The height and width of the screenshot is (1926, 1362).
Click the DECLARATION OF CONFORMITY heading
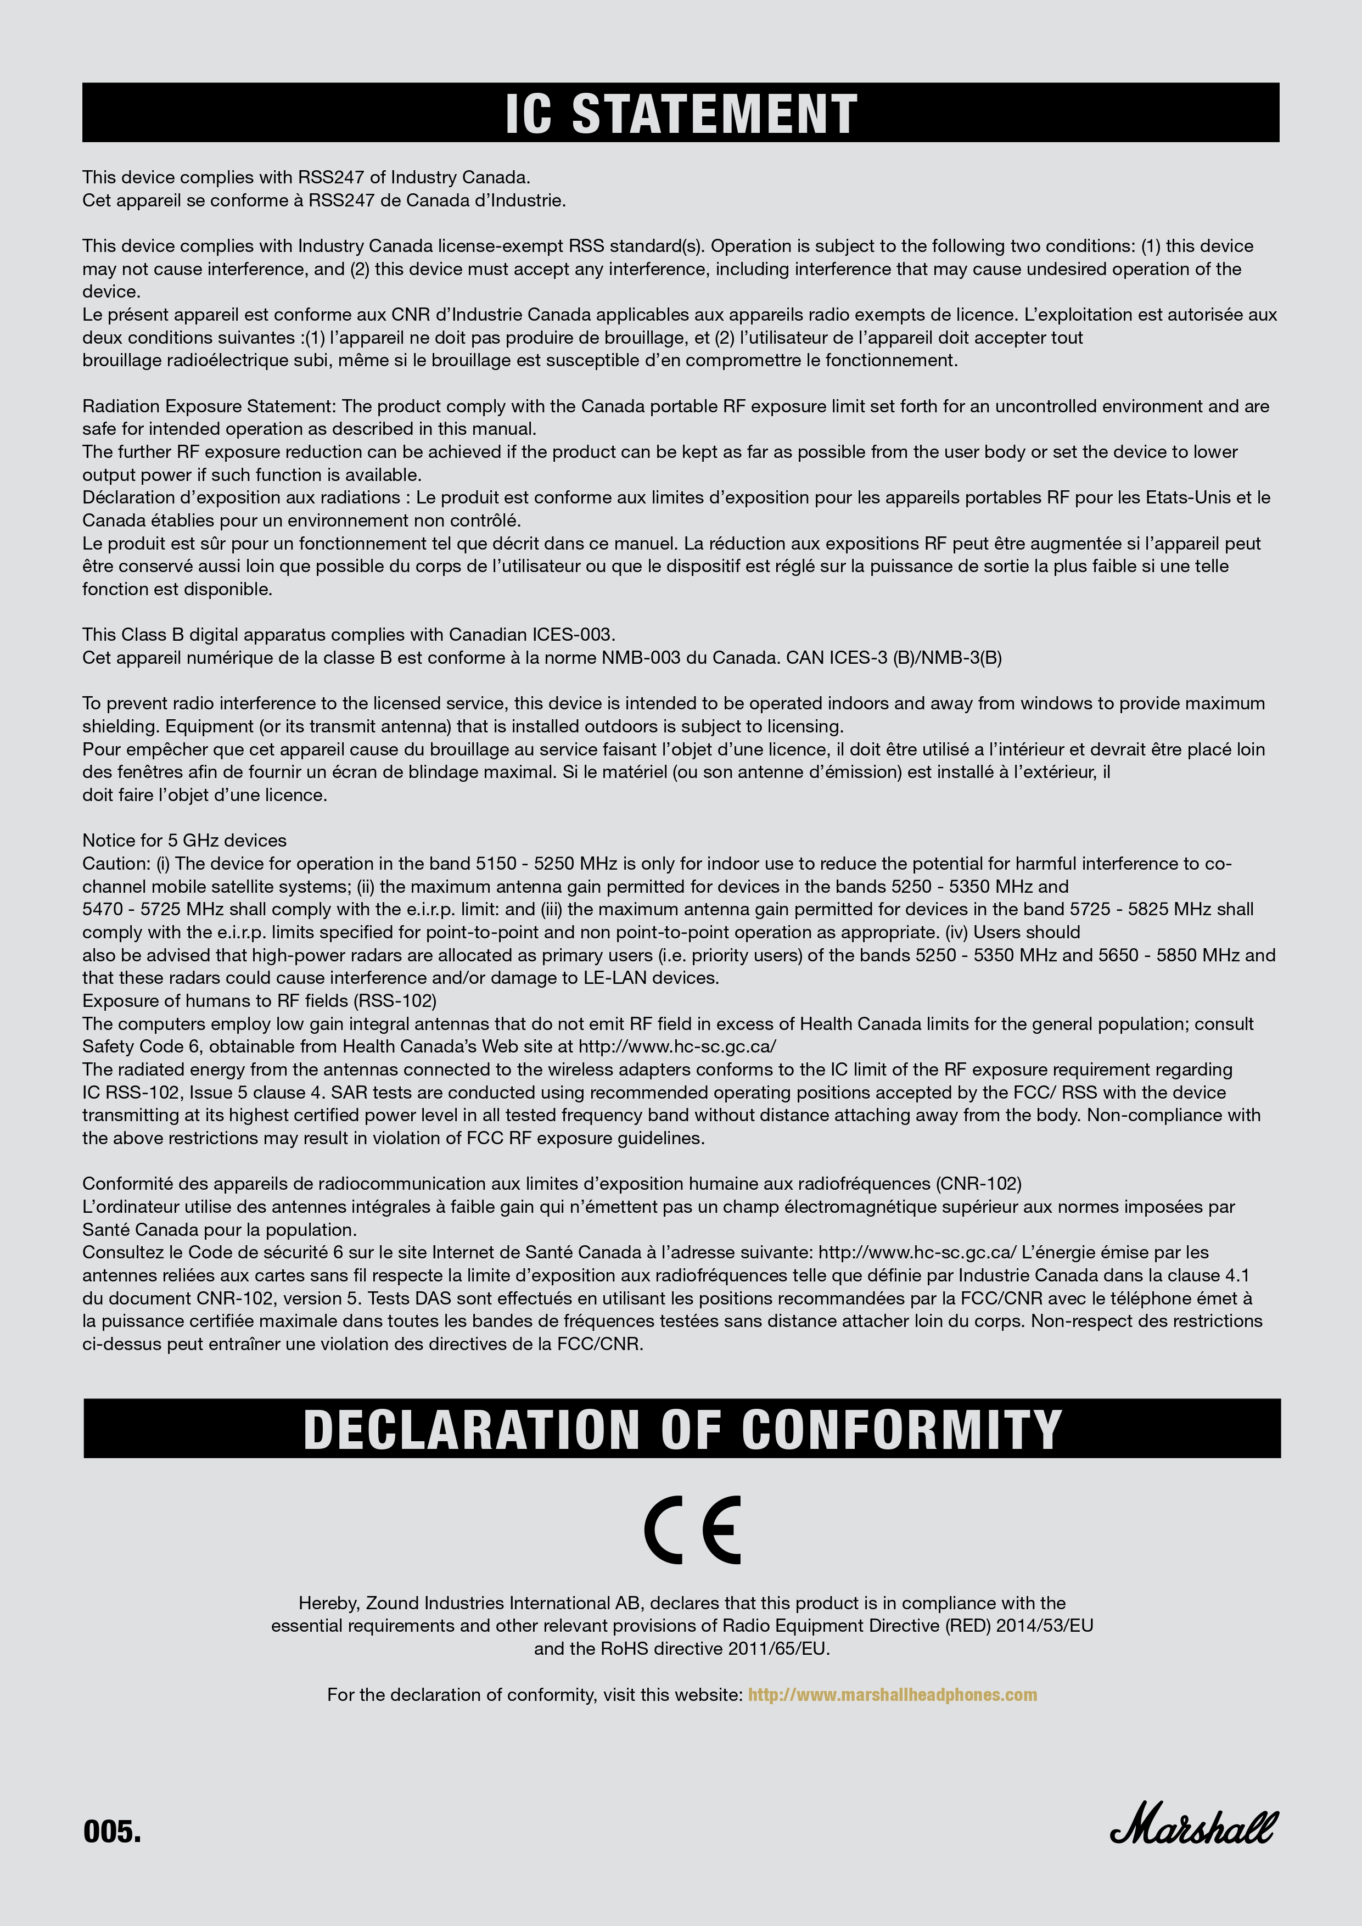pos(682,1429)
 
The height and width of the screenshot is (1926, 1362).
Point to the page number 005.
pos(111,1831)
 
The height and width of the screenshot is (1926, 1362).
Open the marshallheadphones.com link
pos(892,1694)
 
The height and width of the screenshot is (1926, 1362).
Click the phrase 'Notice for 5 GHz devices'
pos(184,841)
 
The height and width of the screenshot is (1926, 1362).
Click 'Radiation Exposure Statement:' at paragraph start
pos(210,406)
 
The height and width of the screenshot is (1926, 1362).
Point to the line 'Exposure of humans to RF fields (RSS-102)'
pos(259,1001)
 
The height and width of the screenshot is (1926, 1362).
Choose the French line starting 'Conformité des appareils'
pos(551,1184)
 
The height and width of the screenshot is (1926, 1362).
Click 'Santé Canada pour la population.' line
pos(220,1230)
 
